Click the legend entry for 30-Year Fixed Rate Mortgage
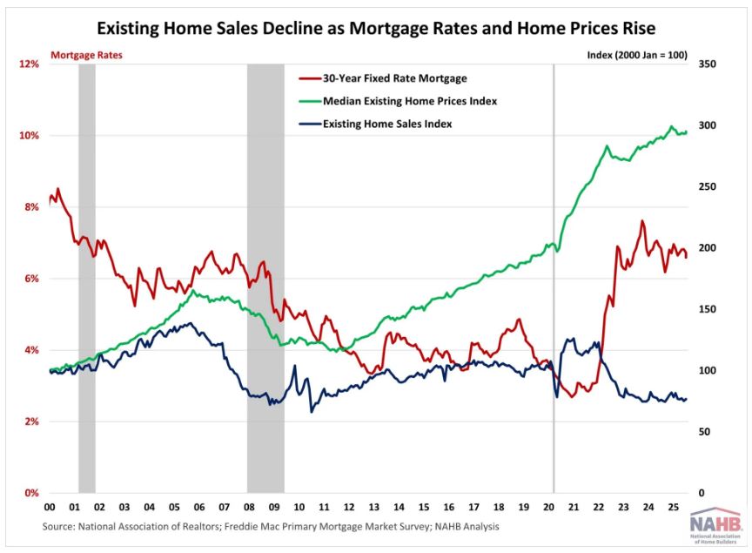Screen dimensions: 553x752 pyautogui.click(x=394, y=78)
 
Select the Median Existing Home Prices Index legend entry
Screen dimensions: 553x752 pyautogui.click(x=410, y=101)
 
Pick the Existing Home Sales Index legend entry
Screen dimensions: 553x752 pyautogui.click(x=387, y=124)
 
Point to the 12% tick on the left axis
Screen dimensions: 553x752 pyautogui.click(x=30, y=64)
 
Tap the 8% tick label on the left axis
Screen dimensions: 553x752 pyautogui.click(x=32, y=207)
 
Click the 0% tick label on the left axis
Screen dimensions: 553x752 pyautogui.click(x=32, y=493)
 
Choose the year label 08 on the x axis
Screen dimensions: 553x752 pyautogui.click(x=249, y=507)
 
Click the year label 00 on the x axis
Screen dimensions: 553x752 pyautogui.click(x=50, y=507)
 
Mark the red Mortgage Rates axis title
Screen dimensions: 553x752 pyautogui.click(x=86, y=55)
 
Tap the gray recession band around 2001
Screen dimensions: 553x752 pyautogui.click(x=87, y=279)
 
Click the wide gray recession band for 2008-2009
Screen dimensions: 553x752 pyautogui.click(x=265, y=279)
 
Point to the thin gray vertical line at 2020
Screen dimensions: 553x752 pyautogui.click(x=554, y=279)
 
